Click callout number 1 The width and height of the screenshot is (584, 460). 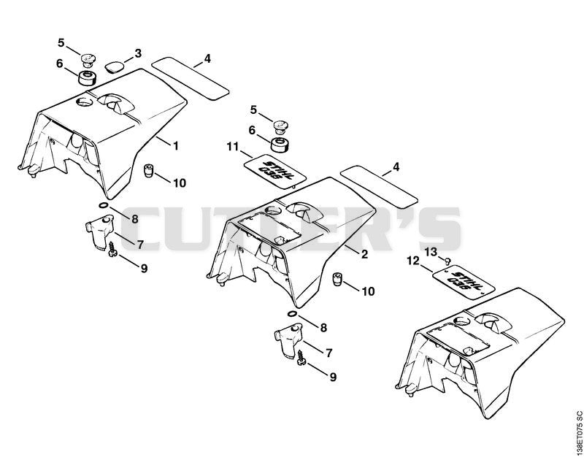pyautogui.click(x=176, y=145)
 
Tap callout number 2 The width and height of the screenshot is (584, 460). pyautogui.click(x=364, y=254)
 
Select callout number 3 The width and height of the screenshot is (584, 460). pyautogui.click(x=138, y=53)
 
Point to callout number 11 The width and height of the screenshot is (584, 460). pyautogui.click(x=233, y=147)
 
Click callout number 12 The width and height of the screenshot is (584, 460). pyautogui.click(x=413, y=261)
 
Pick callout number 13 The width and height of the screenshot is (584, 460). pyautogui.click(x=431, y=252)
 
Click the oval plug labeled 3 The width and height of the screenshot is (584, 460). pyautogui.click(x=114, y=67)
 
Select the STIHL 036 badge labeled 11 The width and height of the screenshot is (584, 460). pyautogui.click(x=275, y=171)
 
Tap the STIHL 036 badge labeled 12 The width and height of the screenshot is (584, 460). pyautogui.click(x=464, y=283)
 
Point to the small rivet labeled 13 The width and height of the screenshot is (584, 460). pyautogui.click(x=447, y=261)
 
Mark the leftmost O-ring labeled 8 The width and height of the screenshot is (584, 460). pyautogui.click(x=104, y=205)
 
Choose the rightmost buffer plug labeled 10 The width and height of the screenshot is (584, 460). pyautogui.click(x=337, y=280)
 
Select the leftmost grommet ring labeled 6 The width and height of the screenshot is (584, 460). pyautogui.click(x=87, y=78)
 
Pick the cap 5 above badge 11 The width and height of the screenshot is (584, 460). pyautogui.click(x=280, y=127)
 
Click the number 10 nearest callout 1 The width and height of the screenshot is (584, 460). pyautogui.click(x=180, y=183)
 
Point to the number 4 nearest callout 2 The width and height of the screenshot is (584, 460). pyautogui.click(x=396, y=167)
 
